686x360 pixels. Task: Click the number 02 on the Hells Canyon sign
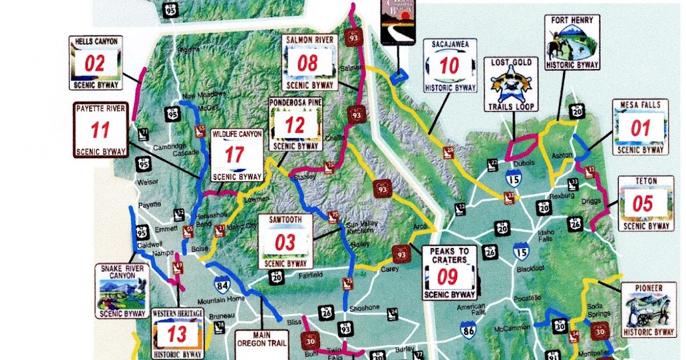coord(95,63)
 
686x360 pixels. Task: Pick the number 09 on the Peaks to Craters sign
coord(448,277)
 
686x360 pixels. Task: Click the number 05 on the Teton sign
coord(643,203)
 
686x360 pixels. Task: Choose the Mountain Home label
coord(213,301)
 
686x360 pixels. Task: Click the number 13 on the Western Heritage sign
coord(177,334)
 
